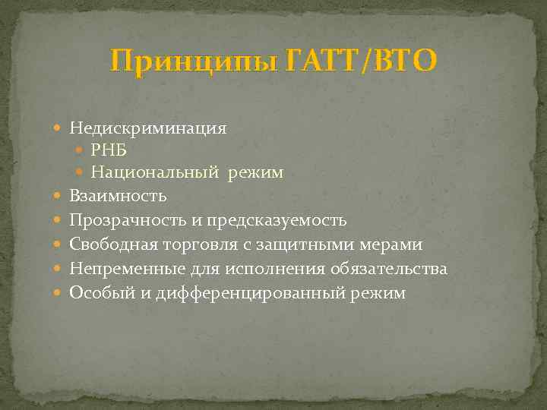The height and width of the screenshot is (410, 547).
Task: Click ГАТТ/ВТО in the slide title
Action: click(x=362, y=61)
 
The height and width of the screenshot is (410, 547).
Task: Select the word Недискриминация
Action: click(x=147, y=128)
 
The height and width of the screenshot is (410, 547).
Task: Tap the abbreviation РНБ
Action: click(x=109, y=149)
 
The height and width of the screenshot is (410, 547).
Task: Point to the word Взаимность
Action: click(x=118, y=196)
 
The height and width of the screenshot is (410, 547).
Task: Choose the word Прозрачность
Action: click(x=121, y=220)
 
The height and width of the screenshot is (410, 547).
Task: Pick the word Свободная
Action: click(x=110, y=244)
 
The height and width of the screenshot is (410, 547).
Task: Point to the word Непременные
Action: click(x=121, y=269)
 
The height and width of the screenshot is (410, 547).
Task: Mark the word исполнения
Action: click(x=289, y=269)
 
